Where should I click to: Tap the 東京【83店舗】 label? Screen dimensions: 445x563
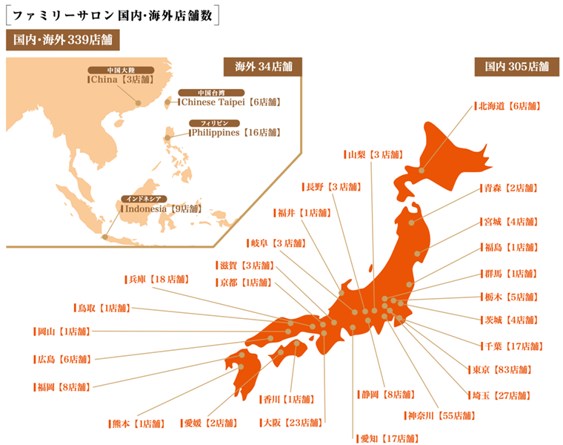coord(499,369)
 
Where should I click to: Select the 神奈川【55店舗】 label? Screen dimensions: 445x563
coord(440,415)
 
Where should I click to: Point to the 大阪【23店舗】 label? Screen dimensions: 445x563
coord(292,423)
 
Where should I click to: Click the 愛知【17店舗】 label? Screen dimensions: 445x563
coord(385,438)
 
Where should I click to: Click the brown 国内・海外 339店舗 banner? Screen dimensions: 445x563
coord(63,40)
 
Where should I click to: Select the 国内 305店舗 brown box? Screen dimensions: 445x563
coord(516,67)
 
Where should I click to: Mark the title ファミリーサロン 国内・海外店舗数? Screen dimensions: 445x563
coord(111,14)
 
